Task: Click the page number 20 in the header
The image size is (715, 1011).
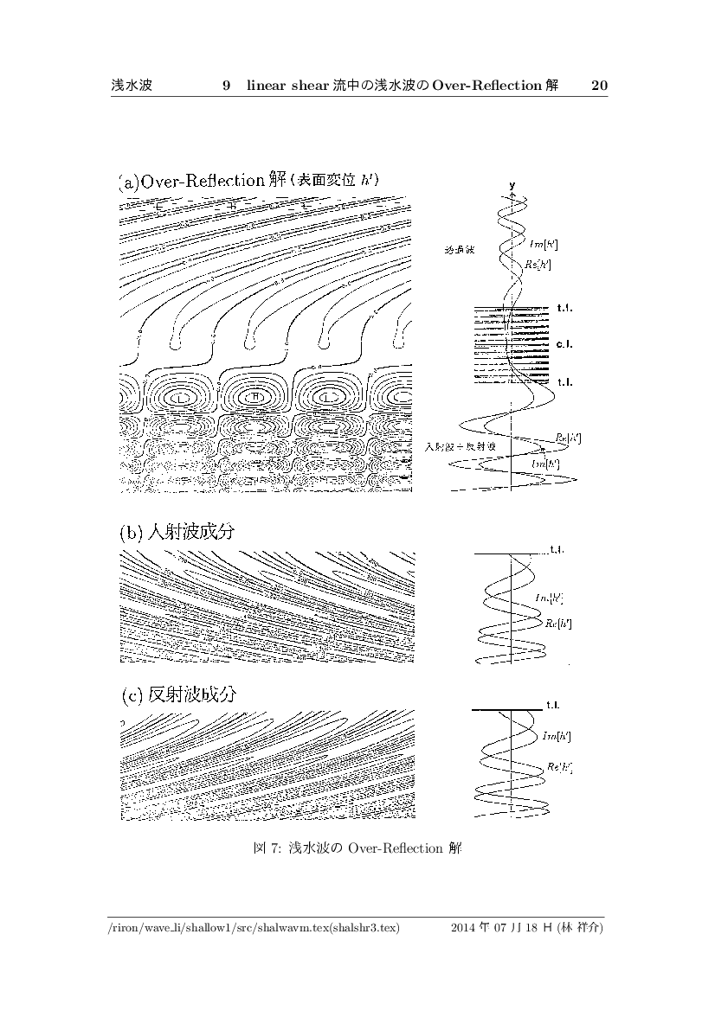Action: click(599, 86)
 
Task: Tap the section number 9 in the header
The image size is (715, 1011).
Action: click(226, 86)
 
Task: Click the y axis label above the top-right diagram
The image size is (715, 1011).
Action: click(512, 185)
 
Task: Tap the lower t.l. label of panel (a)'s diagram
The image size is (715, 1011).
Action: click(566, 381)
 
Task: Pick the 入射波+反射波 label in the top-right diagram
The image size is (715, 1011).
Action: click(460, 446)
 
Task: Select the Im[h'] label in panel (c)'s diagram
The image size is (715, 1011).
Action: click(555, 736)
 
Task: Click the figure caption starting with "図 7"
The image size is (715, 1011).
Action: click(357, 848)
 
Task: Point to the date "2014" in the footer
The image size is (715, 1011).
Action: click(464, 929)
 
